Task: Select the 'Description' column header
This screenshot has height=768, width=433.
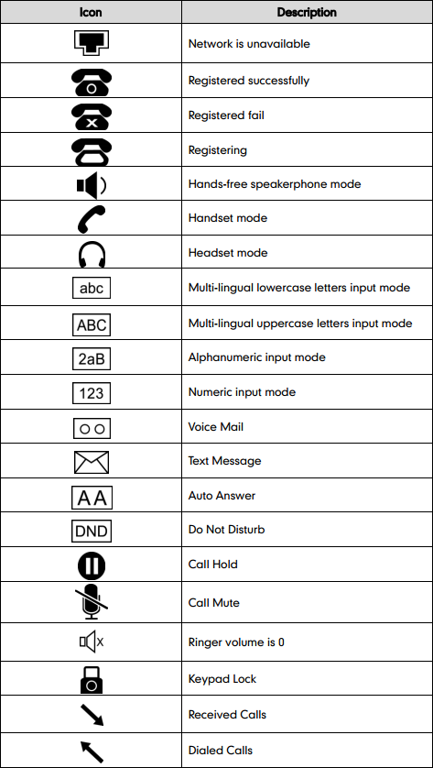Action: pos(307,13)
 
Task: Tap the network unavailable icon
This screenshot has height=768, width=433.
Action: pos(91,43)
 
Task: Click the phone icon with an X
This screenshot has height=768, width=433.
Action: pos(91,115)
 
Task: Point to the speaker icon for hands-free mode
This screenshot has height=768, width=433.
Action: pos(91,184)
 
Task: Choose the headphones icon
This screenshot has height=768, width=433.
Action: pos(91,253)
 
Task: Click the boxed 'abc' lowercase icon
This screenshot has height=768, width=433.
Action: pos(91,289)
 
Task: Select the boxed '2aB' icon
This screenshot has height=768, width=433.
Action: pos(91,358)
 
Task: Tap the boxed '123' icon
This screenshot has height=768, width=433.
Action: pos(91,393)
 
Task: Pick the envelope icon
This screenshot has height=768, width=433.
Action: pos(91,462)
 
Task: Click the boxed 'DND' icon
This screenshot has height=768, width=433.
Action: pos(91,531)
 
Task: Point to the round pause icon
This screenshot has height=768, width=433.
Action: pos(91,565)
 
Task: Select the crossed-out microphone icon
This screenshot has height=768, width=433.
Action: pos(91,602)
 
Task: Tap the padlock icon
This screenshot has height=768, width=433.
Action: pos(91,678)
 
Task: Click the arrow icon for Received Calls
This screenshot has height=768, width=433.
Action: pos(91,714)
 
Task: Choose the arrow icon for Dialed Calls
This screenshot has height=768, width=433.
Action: pos(91,750)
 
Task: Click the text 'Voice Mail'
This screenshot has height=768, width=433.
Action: pos(215,427)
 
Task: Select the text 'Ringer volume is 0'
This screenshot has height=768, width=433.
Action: pos(236,642)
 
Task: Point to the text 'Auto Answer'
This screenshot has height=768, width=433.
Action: pos(222,496)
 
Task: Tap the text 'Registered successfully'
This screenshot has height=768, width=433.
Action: pos(248,81)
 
